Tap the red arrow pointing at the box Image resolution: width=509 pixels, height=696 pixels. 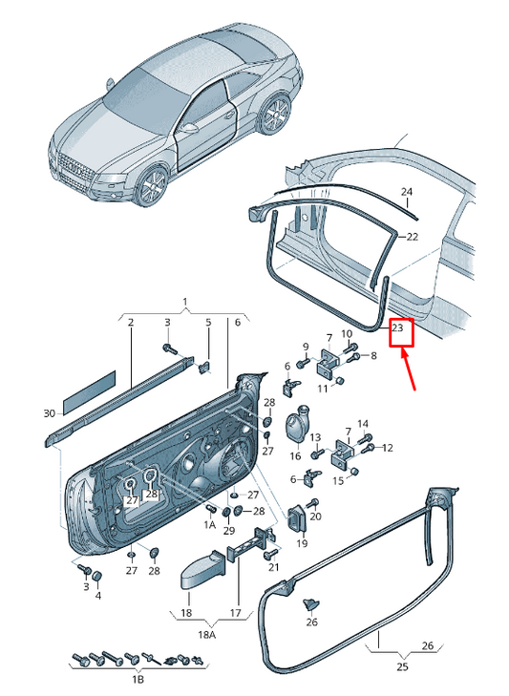pos(408,369)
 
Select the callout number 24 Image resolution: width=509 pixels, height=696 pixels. pos(407,192)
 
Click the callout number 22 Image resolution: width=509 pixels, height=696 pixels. pos(413,237)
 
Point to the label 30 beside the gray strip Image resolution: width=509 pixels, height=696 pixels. pos(50,413)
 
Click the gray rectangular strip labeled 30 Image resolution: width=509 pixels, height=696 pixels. pos(89,390)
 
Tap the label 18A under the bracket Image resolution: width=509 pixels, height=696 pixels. pos(206,635)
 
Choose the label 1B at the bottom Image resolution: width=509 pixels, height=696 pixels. pos(138,680)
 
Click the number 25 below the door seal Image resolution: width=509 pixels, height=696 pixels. pos(402,666)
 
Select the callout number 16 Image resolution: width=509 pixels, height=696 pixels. pos(295,455)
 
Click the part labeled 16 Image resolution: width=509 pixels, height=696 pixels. pos(296,423)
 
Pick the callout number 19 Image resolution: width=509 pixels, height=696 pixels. pos(302,543)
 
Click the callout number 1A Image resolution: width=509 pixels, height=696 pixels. pos(210,525)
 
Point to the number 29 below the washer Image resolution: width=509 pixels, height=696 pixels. pos(229,531)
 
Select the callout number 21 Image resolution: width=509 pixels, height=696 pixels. pos(273,567)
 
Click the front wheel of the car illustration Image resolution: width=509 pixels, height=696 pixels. pos(152,185)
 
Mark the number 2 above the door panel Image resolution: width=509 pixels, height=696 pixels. pos(131,323)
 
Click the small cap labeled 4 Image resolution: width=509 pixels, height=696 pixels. pos(96,577)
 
